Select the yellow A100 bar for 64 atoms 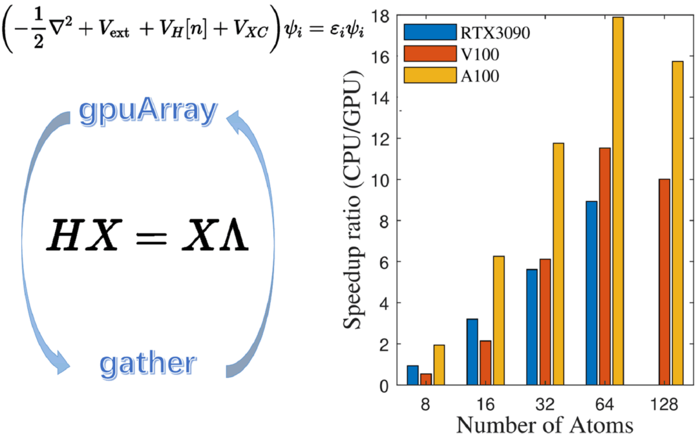617,201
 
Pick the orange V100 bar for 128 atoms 664,282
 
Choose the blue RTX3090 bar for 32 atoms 532,327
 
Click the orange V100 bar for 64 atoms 605,267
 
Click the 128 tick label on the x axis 664,404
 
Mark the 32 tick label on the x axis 545,404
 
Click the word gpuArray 147,112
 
